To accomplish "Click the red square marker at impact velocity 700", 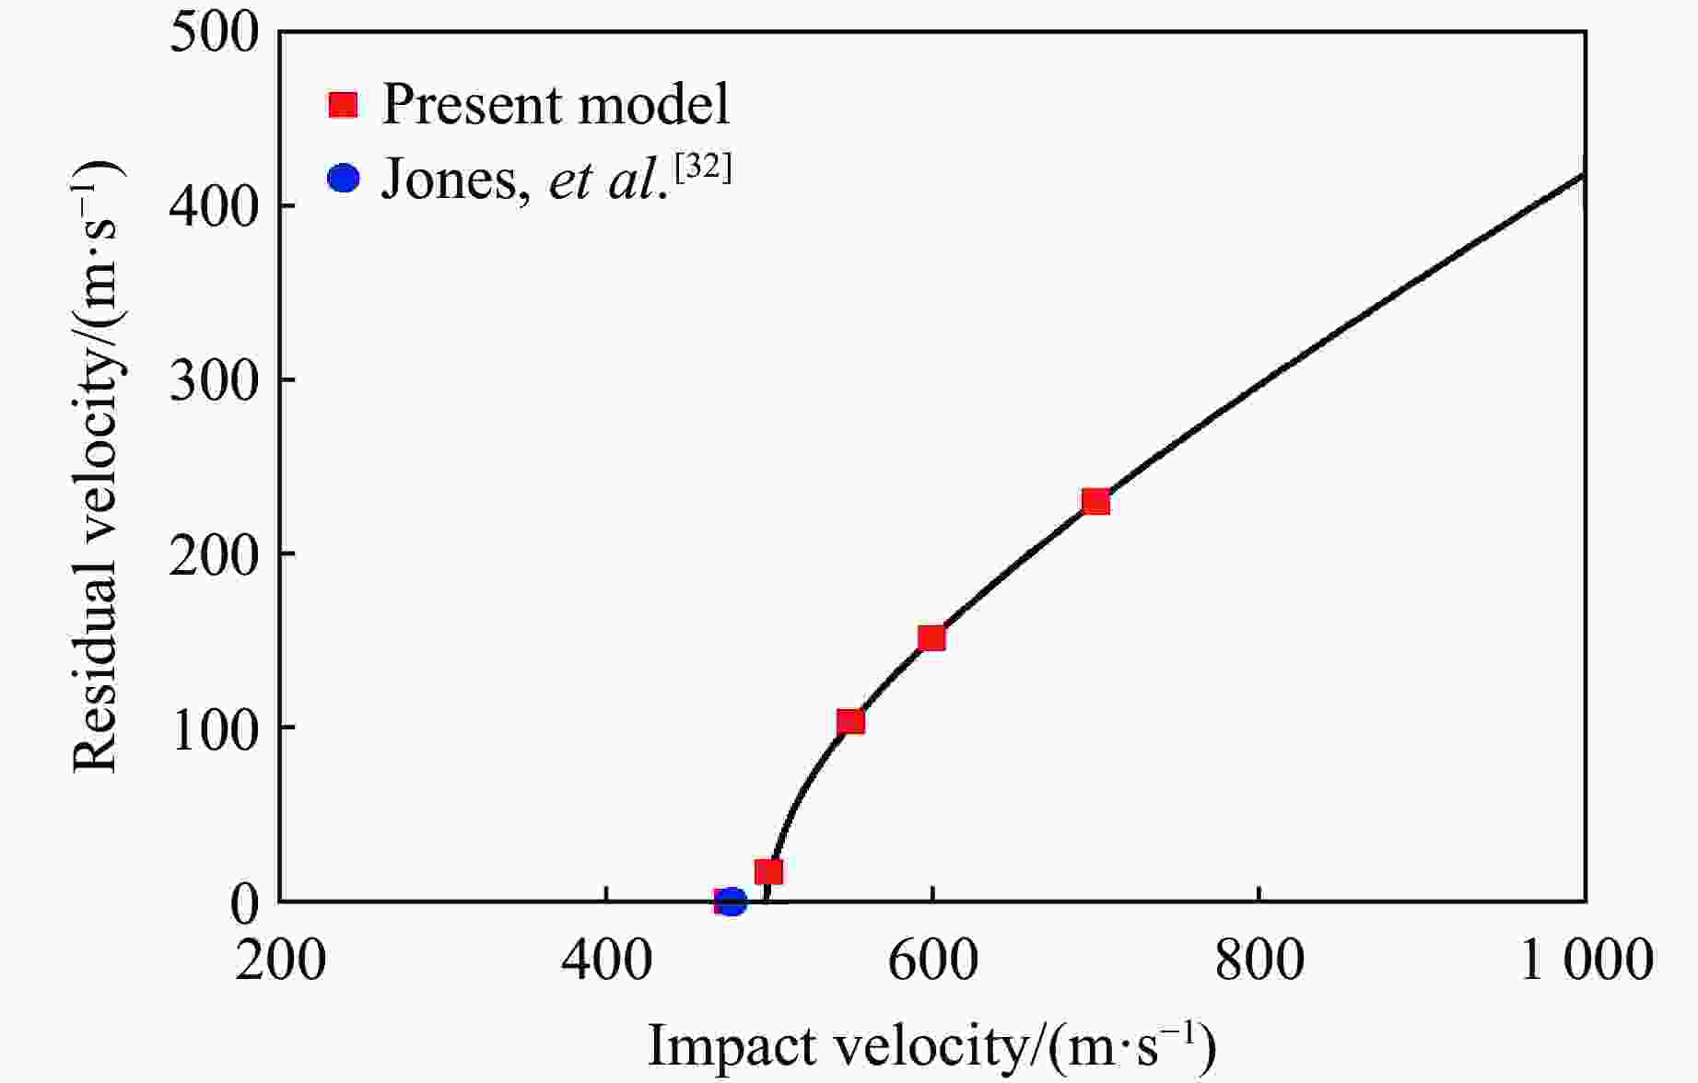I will coord(1095,502).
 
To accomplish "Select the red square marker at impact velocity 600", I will coord(931,638).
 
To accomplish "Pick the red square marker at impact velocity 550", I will coord(850,721).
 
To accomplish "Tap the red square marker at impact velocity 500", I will coord(768,871).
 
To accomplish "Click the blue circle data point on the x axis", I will coord(732,902).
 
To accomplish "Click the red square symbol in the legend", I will coord(344,104).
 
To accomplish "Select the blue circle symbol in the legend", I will coord(344,177).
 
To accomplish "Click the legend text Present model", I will coord(556,104).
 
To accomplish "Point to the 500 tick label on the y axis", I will coord(215,33).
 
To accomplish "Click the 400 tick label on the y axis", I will coord(215,206).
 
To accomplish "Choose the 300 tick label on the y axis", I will coord(215,379).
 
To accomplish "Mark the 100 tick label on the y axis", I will coord(215,728).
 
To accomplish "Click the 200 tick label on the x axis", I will coord(280,961).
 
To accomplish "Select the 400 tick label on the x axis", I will coord(606,961).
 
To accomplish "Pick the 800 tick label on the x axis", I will coord(1259,961).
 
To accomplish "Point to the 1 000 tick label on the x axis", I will coord(1585,961).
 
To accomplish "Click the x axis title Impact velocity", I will coord(931,1047).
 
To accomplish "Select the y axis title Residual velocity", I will coord(98,466).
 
